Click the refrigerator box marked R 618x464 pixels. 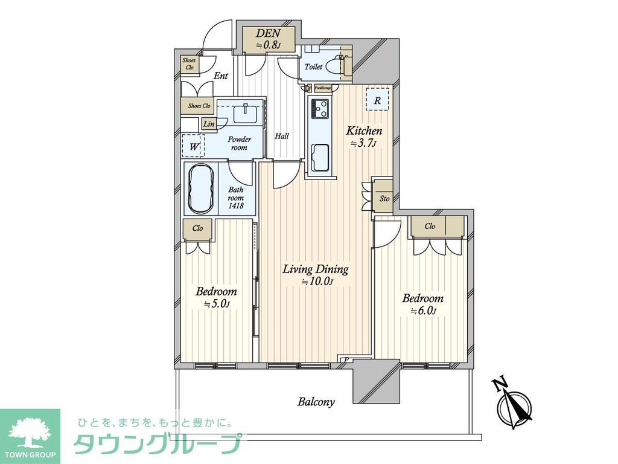[377, 101]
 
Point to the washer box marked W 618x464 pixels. [194, 146]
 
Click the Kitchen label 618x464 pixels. [363, 130]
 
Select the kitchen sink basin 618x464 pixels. [320, 158]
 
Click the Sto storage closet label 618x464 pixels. [384, 198]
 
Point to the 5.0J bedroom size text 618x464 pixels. [217, 304]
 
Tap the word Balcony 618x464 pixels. [316, 402]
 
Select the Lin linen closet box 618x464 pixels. [209, 124]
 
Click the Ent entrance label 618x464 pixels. [221, 76]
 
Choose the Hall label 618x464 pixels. [281, 137]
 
